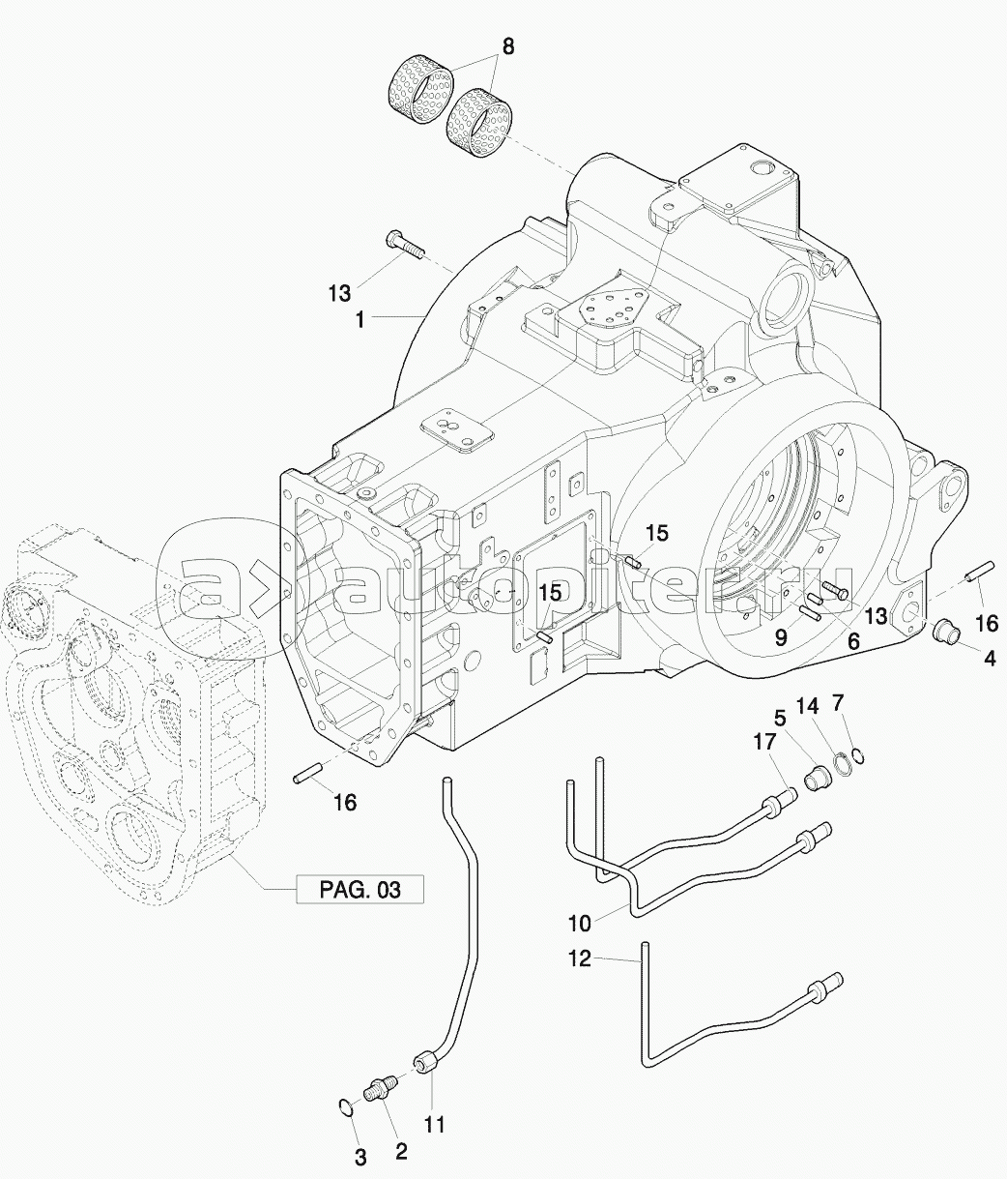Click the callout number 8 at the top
(x=507, y=46)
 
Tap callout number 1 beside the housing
(x=360, y=320)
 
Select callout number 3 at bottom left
(x=360, y=1159)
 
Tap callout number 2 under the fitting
(x=402, y=1152)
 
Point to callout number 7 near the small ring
(x=838, y=702)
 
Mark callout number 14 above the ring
(x=807, y=706)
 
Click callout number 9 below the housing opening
(x=781, y=637)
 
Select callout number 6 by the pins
(x=853, y=641)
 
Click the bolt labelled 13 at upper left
(x=406, y=244)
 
